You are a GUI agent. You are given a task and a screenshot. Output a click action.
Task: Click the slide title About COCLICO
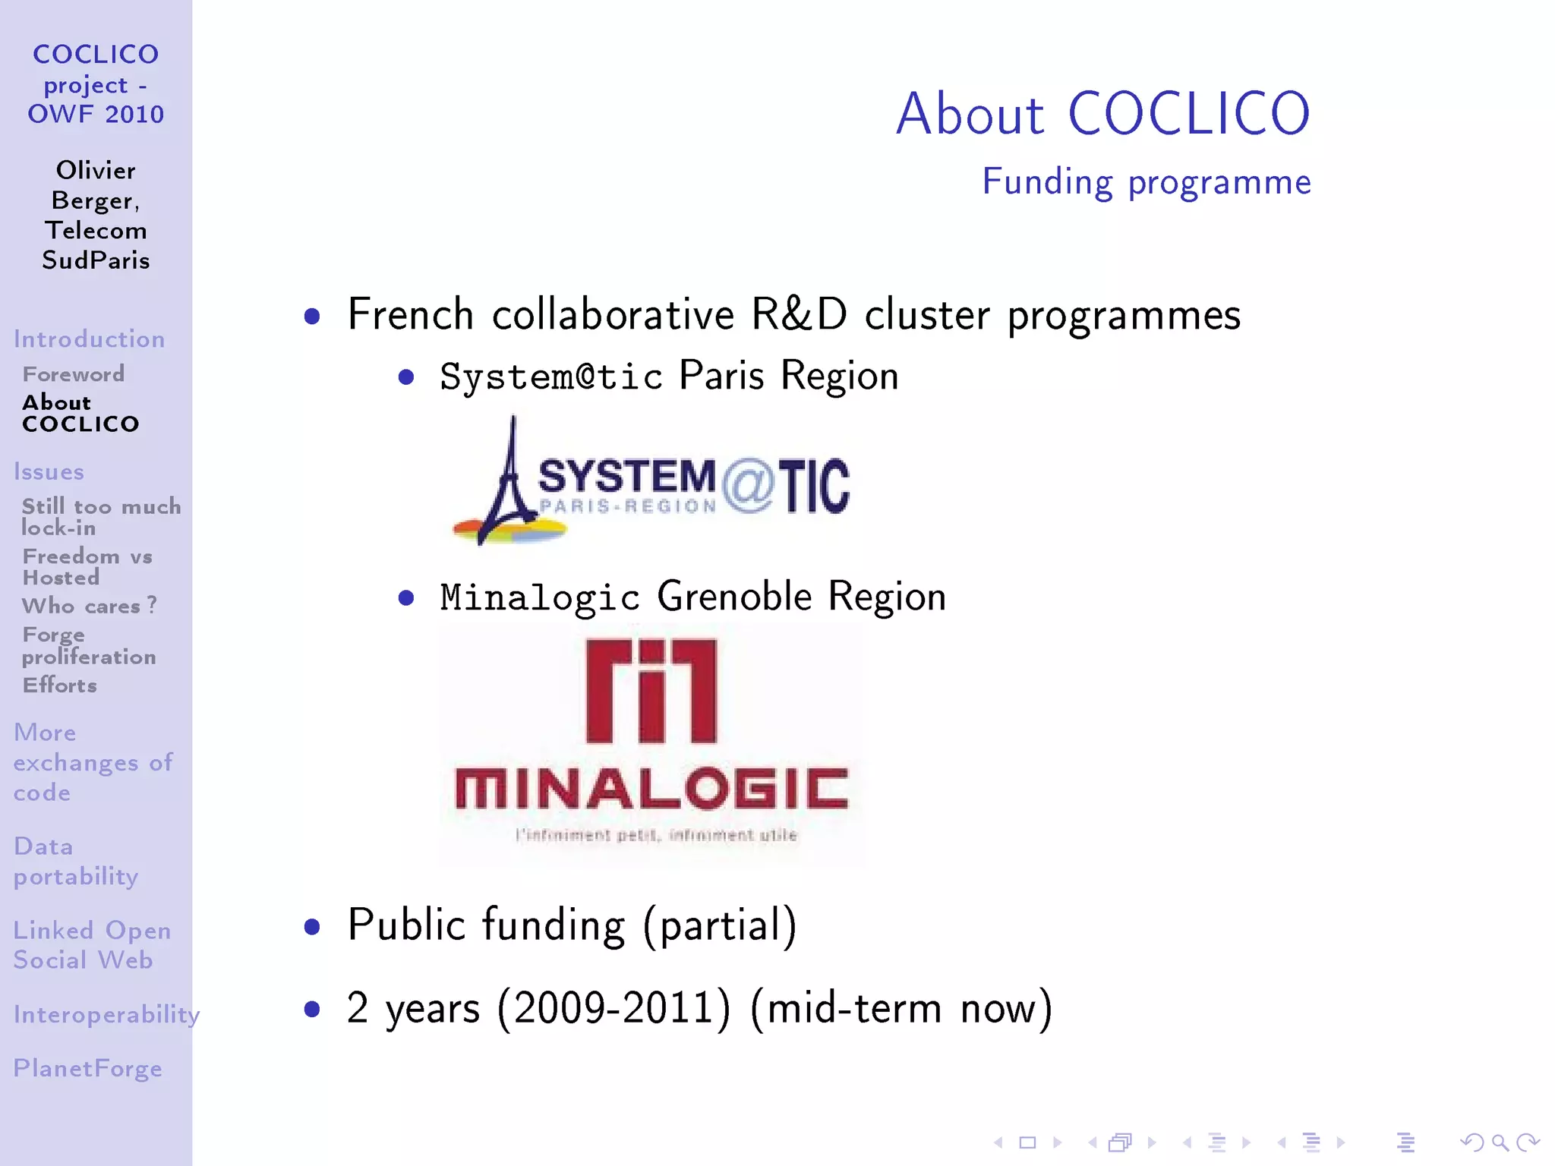(1102, 114)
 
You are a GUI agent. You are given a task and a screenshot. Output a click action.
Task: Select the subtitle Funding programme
(1146, 182)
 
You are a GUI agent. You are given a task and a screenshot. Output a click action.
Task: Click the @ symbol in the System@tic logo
(748, 486)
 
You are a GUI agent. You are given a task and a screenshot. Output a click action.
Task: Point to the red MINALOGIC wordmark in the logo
(651, 789)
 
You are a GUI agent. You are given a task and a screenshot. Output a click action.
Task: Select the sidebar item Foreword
(74, 374)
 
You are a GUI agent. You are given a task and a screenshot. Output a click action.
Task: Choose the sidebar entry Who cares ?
(90, 606)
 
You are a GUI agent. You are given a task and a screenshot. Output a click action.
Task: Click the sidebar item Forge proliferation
(89, 645)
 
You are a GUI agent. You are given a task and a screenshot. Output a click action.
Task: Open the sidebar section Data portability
(76, 861)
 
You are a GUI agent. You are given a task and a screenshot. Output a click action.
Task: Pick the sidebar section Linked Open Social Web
(91, 945)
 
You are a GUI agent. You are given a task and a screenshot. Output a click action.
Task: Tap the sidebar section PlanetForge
(87, 1068)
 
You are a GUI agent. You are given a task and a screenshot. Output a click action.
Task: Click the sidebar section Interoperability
(106, 1014)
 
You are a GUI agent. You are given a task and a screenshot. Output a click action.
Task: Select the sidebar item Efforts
(60, 685)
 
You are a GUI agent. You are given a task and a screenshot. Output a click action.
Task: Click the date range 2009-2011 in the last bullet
(613, 1009)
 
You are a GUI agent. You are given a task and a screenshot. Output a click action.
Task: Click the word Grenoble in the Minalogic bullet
(734, 597)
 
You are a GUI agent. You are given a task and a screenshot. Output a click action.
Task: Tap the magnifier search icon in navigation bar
(1500, 1142)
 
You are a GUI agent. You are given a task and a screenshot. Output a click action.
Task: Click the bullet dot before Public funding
(311, 927)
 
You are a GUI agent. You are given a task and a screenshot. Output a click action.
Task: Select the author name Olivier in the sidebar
(96, 170)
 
